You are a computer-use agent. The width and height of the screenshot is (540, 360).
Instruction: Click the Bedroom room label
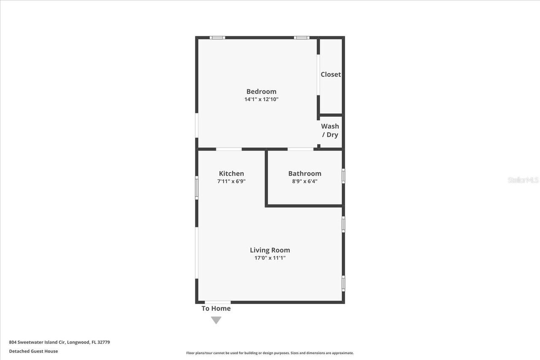[261, 91]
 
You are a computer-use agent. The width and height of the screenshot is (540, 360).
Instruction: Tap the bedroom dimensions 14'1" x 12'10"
[261, 99]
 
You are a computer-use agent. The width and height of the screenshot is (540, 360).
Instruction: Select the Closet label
[330, 74]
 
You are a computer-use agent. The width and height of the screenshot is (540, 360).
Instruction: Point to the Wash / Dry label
[330, 130]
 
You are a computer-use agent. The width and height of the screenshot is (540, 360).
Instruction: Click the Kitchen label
[231, 173]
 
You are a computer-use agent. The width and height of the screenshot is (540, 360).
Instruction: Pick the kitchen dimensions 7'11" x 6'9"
[231, 181]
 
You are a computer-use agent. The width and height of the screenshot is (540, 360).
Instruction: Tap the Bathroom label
[305, 173]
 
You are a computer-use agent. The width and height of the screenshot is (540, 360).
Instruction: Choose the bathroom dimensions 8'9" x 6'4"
[305, 181]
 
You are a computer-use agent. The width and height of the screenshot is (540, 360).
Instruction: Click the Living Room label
[270, 250]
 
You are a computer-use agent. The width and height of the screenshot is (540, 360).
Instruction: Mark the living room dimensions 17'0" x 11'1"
[270, 258]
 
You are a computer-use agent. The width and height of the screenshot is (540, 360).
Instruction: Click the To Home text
[216, 308]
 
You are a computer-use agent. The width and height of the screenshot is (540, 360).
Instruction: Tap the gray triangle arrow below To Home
[216, 320]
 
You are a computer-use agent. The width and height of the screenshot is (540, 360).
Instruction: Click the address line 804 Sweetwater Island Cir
[59, 342]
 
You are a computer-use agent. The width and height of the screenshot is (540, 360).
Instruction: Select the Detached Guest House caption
[33, 351]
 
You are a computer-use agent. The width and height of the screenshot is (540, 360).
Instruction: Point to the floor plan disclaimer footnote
[270, 353]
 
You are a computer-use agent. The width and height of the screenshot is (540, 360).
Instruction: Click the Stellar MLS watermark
[523, 180]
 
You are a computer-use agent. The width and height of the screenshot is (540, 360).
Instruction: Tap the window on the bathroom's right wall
[343, 176]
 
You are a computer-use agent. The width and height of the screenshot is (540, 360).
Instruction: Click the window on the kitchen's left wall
[197, 188]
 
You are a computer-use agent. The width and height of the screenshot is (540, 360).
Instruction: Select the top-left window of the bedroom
[217, 38]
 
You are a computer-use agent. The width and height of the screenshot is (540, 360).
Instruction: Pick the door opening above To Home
[218, 302]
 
